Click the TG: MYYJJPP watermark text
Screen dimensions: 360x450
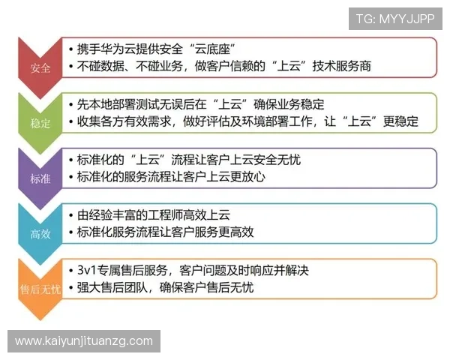[x=395, y=18]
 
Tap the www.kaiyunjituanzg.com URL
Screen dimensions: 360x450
[x=83, y=341]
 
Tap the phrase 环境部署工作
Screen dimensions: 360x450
[x=293, y=121]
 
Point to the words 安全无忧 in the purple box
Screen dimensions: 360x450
[x=277, y=160]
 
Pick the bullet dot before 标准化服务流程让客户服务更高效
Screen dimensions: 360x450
[x=70, y=232]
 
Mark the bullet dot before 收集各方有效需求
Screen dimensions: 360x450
[x=70, y=121]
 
